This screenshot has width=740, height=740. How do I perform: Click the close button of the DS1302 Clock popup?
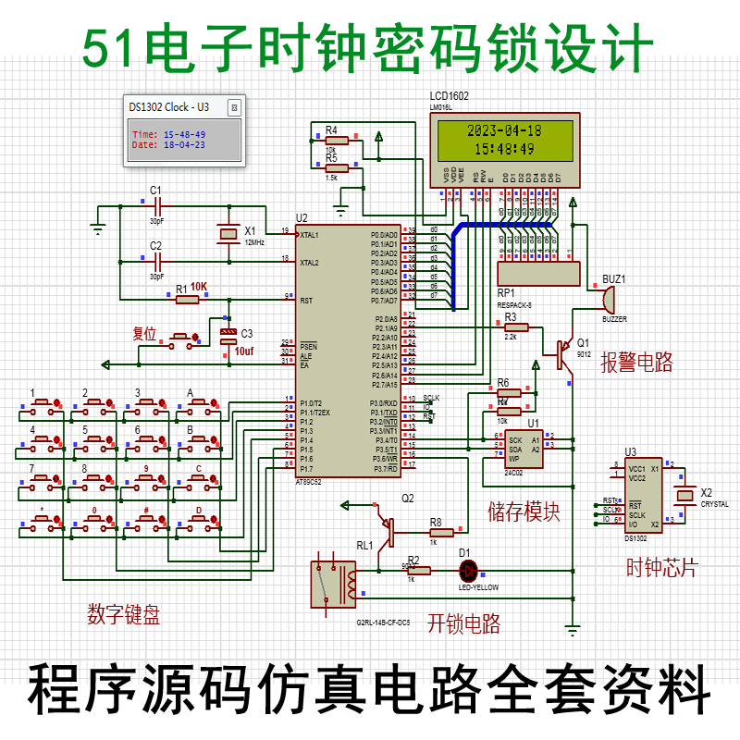click(x=234, y=107)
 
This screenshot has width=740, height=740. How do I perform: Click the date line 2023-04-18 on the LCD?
click(x=504, y=130)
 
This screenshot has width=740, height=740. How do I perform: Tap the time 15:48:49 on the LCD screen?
click(x=504, y=148)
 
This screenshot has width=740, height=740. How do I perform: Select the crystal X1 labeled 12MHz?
click(x=228, y=234)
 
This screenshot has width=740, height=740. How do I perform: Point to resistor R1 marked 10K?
click(x=188, y=299)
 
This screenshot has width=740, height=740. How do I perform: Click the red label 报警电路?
click(x=636, y=363)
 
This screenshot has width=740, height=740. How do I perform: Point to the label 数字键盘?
click(x=124, y=615)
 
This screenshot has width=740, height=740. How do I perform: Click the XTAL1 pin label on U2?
click(x=309, y=235)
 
